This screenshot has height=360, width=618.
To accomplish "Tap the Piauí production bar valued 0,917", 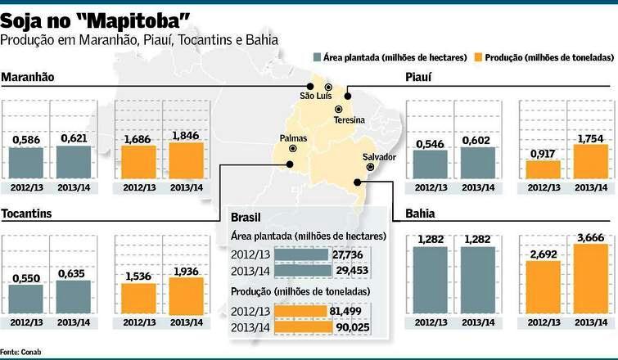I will click(x=543, y=169).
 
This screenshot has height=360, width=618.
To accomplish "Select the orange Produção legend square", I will click(x=478, y=57).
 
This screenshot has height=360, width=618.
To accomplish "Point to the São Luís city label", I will click(x=316, y=97).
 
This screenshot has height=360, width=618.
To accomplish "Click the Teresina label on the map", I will click(x=350, y=120).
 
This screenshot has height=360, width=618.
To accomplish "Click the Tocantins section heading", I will click(x=27, y=214).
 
